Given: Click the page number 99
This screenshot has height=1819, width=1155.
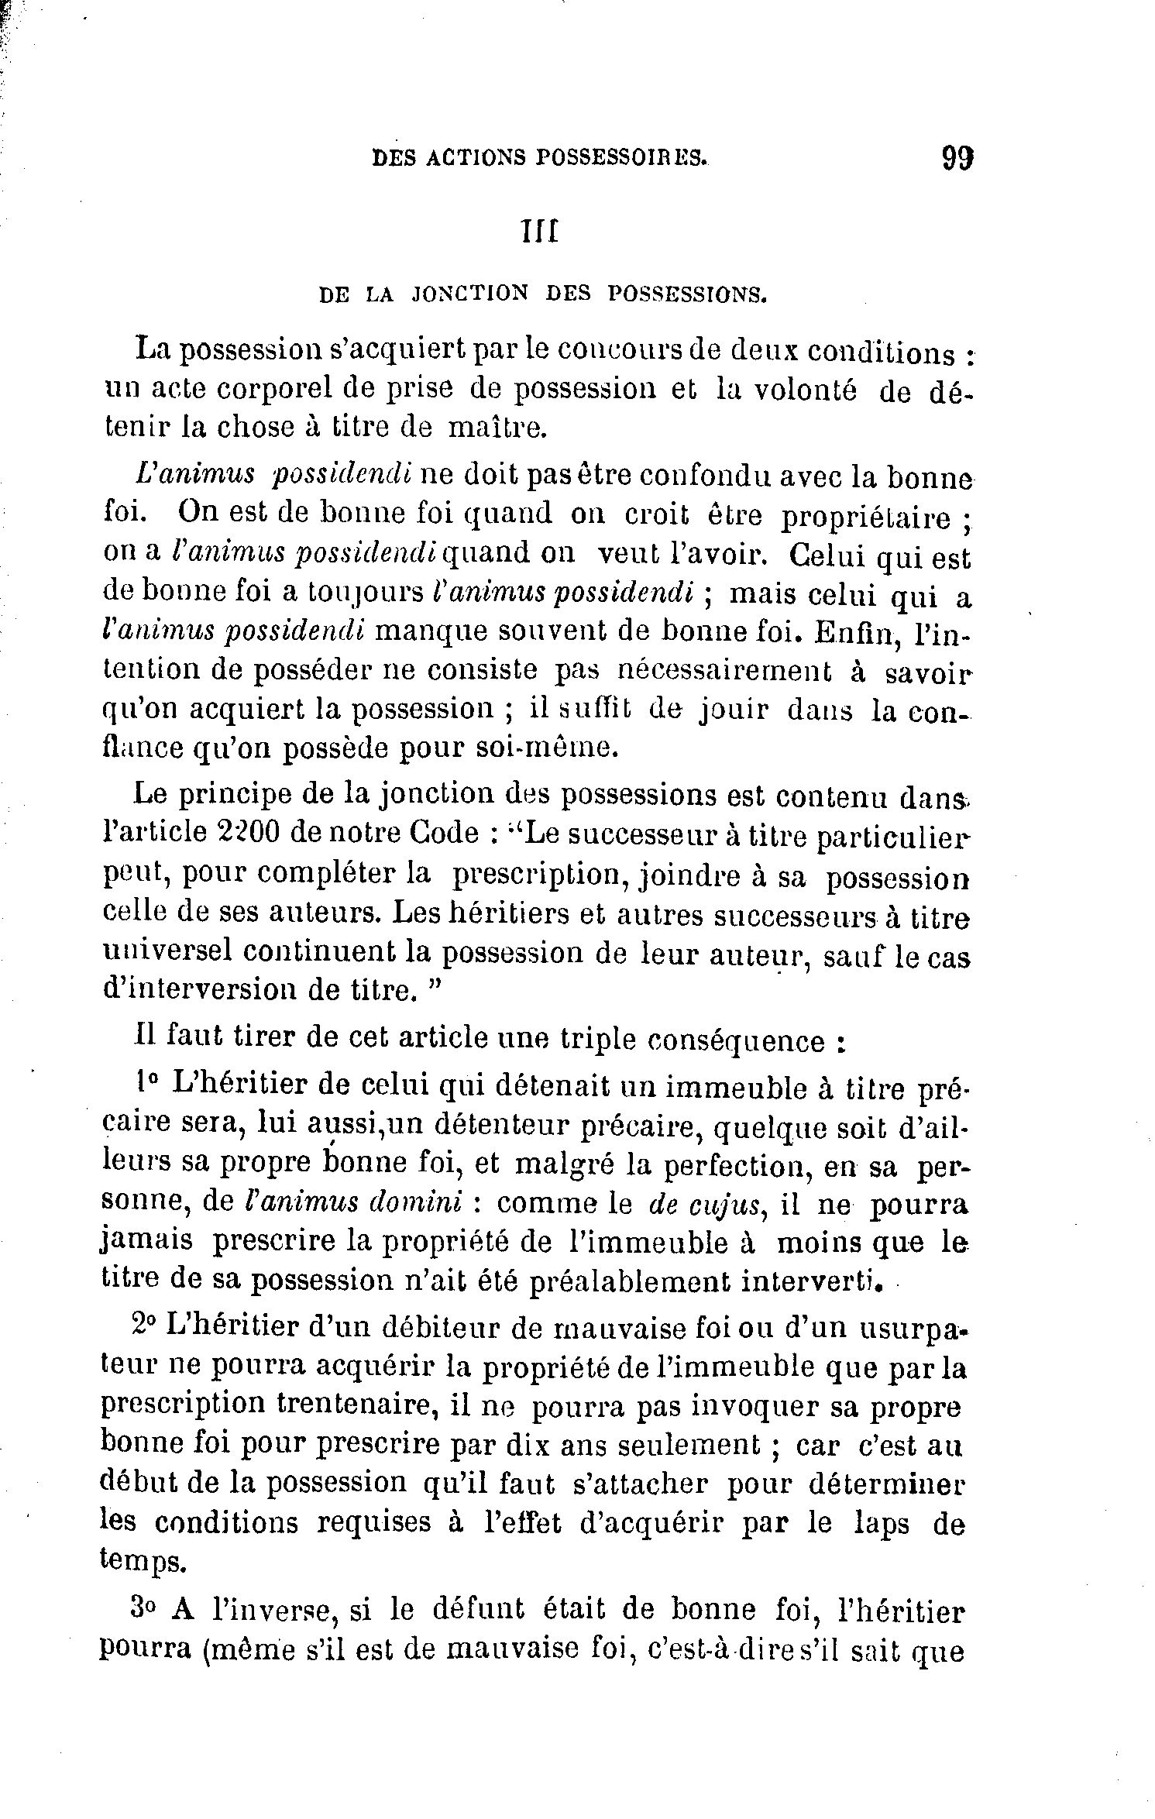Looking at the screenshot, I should (957, 158).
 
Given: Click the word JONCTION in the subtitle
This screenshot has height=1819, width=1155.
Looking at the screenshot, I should (472, 294).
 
